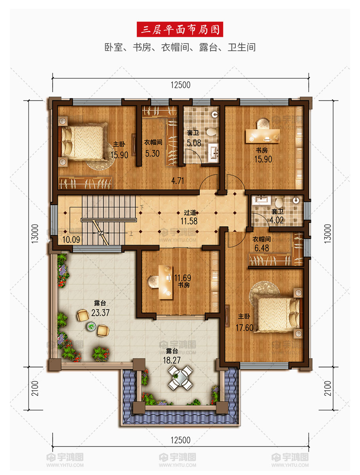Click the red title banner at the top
(x=180, y=29)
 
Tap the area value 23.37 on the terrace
(x=100, y=313)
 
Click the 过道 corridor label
(x=190, y=213)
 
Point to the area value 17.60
(x=244, y=328)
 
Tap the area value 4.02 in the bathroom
(x=277, y=220)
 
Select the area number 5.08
(x=194, y=143)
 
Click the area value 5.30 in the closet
(x=152, y=154)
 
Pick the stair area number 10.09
(x=71, y=239)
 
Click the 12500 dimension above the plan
(x=180, y=85)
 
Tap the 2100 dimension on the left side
(x=35, y=388)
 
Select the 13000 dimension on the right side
(x=328, y=234)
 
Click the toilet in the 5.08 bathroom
(x=212, y=132)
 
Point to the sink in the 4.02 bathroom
(x=262, y=200)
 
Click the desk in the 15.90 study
(x=263, y=136)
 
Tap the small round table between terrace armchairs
(x=91, y=327)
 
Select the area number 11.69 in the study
(x=183, y=277)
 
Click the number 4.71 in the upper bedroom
(x=178, y=180)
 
